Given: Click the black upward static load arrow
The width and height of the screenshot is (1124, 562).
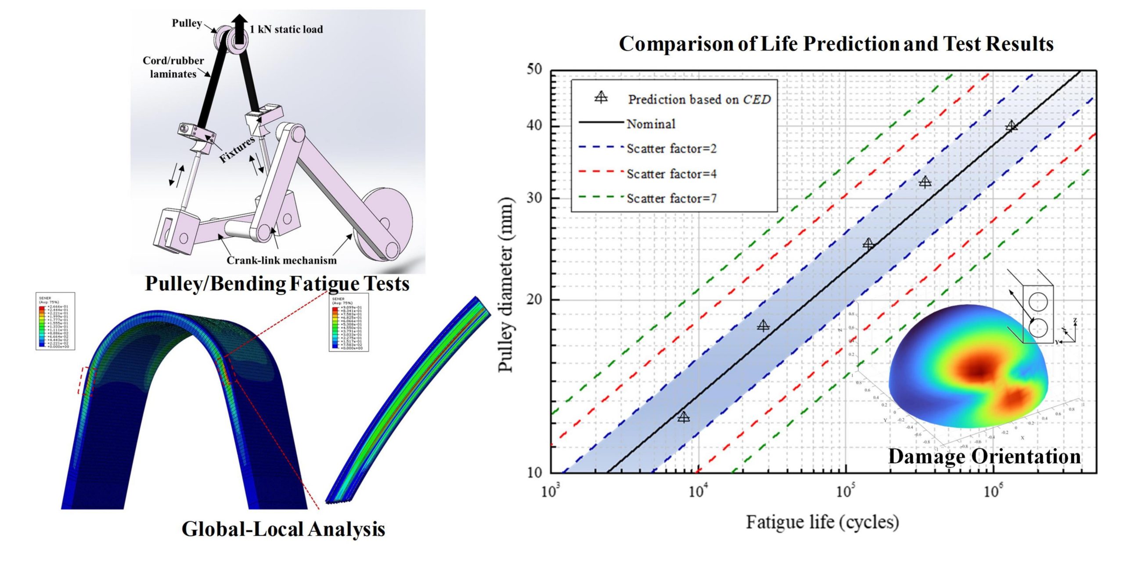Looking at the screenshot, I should [239, 28].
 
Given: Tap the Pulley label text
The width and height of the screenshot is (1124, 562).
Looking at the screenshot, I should [187, 23].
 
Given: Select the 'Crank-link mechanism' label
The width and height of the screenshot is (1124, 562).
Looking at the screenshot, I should [281, 260].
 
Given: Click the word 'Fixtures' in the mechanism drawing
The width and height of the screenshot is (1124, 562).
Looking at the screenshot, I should [238, 150].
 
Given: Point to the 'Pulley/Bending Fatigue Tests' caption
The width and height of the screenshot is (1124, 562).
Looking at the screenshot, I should [277, 284].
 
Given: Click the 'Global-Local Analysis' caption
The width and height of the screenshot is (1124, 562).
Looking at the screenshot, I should [283, 529].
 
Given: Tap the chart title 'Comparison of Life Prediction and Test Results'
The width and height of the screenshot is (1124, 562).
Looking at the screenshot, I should [836, 44].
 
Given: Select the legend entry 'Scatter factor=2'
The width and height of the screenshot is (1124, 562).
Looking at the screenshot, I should [671, 149].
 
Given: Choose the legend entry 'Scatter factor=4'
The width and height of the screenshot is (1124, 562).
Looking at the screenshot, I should [671, 174].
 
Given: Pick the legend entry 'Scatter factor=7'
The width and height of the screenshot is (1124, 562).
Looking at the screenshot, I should [671, 198].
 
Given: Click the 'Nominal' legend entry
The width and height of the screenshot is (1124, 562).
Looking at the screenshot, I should [651, 124].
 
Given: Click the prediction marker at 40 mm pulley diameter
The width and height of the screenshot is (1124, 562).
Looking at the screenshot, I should [1011, 126].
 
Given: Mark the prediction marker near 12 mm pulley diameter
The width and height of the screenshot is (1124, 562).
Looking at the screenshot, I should [683, 417].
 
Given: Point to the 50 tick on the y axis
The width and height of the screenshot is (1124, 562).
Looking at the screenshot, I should [534, 70].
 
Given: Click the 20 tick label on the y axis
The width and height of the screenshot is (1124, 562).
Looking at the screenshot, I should [534, 300].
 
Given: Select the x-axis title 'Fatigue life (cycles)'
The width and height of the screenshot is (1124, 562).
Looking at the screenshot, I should [822, 522].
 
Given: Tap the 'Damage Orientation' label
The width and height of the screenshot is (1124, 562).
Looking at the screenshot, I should [984, 457].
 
